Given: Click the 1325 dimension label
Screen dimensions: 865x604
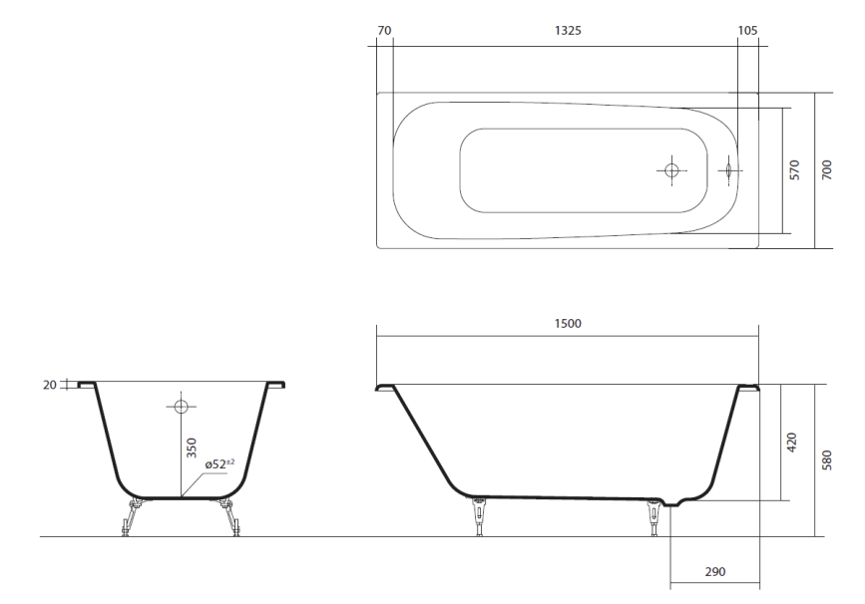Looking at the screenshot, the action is click(568, 30).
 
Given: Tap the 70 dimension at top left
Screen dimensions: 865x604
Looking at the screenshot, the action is click(384, 30).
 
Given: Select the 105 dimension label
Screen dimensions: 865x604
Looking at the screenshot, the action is click(747, 30).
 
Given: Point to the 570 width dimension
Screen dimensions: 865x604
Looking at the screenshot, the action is click(794, 170).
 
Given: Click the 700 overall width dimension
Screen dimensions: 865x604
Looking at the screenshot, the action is click(826, 170).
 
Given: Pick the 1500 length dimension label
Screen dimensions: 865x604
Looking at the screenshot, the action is click(568, 324).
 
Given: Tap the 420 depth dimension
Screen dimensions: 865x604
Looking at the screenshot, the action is click(791, 443).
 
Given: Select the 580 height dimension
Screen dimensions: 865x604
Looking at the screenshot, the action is click(826, 460).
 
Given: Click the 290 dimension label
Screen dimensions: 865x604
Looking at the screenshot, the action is click(715, 572).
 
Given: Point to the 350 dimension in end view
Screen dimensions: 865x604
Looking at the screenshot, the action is click(192, 448).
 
